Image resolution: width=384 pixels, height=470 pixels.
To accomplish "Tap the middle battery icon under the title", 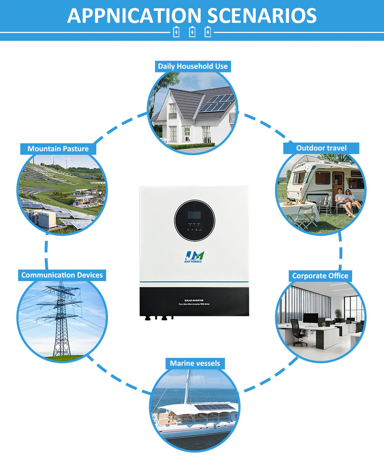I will (x=192, y=32).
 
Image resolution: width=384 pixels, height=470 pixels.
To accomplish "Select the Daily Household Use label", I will (x=193, y=66).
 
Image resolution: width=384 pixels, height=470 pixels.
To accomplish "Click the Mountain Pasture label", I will (x=58, y=149).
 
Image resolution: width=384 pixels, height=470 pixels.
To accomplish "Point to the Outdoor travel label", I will (x=321, y=148).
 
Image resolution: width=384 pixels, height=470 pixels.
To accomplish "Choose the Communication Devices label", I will (x=62, y=275).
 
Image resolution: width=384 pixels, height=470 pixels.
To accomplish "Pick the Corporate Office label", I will (x=320, y=276).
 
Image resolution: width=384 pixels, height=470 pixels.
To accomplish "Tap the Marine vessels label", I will (x=195, y=363).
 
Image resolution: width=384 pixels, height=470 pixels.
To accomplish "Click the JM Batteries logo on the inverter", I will (x=194, y=257).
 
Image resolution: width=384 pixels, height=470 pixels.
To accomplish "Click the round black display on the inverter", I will (x=195, y=220).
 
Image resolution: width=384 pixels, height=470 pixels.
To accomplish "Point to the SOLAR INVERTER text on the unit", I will (x=194, y=300).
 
